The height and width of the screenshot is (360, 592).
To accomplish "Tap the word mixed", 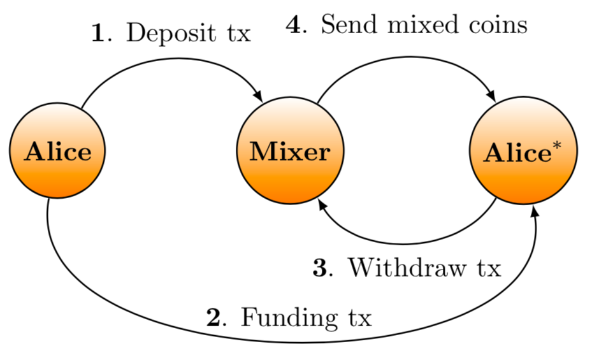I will [423, 25].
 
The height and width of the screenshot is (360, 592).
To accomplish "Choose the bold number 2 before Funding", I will [213, 316].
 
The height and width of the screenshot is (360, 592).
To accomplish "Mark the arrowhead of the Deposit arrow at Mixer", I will [258, 96].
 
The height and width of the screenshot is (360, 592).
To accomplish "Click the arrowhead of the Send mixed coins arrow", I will [491, 96].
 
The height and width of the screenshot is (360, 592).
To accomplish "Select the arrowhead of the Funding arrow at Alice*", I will [534, 210].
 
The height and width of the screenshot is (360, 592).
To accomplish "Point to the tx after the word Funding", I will [357, 317].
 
